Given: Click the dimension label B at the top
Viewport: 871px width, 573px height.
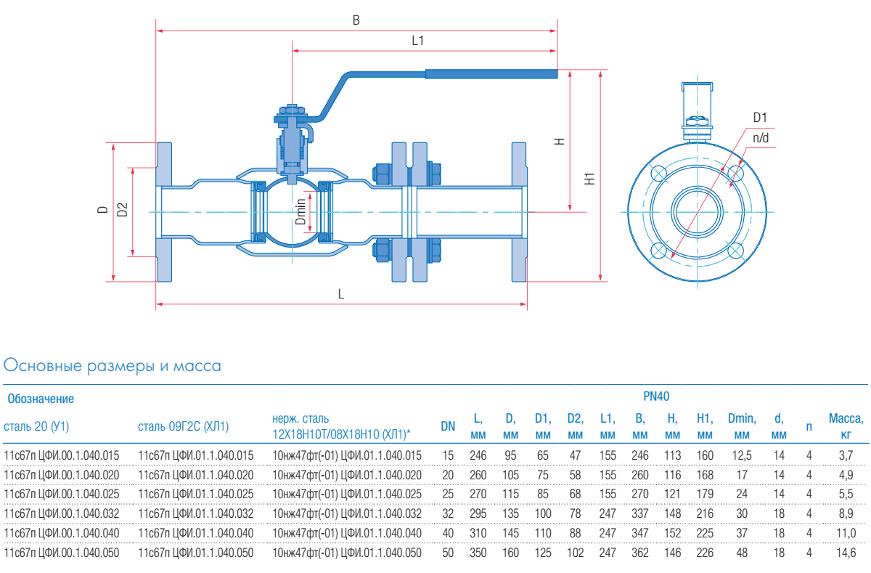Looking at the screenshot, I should pyautogui.click(x=356, y=20).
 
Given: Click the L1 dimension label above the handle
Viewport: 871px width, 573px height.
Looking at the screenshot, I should pyautogui.click(x=417, y=41).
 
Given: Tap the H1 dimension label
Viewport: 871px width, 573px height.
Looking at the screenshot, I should pyautogui.click(x=590, y=177).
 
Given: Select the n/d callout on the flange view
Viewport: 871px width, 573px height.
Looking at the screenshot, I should pyautogui.click(x=760, y=138).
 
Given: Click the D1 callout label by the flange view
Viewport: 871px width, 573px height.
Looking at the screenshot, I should pyautogui.click(x=760, y=118).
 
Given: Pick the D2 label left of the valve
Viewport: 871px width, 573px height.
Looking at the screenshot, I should pyautogui.click(x=123, y=210).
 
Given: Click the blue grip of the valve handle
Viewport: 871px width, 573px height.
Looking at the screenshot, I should pyautogui.click(x=491, y=73).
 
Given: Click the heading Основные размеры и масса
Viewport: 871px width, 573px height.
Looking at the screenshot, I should pyautogui.click(x=113, y=366).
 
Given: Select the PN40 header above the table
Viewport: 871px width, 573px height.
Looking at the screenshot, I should pyautogui.click(x=656, y=397).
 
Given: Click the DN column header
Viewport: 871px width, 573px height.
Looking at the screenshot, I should pyautogui.click(x=448, y=426).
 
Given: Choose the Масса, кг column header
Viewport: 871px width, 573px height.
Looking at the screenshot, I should pyautogui.click(x=846, y=426).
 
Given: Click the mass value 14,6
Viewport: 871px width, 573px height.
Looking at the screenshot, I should pyautogui.click(x=846, y=552).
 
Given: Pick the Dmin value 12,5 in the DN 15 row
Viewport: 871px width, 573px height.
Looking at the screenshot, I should pyautogui.click(x=741, y=455).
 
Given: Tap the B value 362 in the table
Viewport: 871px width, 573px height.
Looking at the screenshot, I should pyautogui.click(x=639, y=552).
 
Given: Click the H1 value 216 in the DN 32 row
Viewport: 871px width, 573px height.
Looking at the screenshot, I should pyautogui.click(x=704, y=513).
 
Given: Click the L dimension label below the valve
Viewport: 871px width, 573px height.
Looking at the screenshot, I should pyautogui.click(x=340, y=294).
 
